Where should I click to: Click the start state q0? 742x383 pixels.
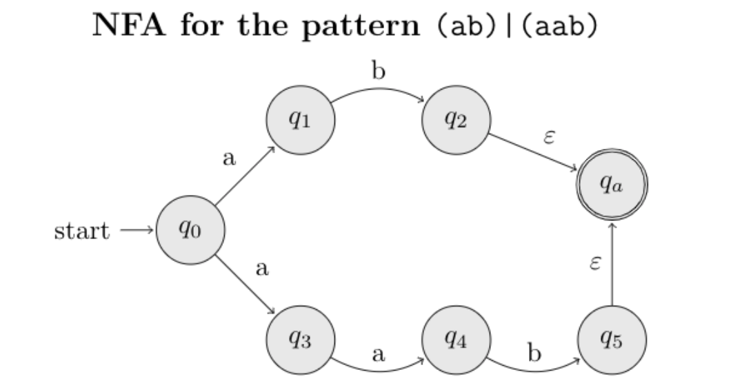[190, 230]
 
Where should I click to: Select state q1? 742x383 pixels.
[301, 121]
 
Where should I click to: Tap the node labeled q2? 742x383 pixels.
[456, 121]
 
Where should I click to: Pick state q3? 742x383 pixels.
[301, 340]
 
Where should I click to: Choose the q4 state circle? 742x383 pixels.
[456, 340]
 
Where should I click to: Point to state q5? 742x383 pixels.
[612, 340]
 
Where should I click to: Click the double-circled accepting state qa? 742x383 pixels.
[612, 184]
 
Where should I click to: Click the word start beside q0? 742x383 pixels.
[81, 231]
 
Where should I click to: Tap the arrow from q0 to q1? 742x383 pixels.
[245, 176]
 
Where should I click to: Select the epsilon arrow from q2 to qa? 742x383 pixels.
[533, 152]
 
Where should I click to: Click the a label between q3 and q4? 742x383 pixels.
[377, 355]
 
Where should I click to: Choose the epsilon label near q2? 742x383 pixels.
[550, 136]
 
